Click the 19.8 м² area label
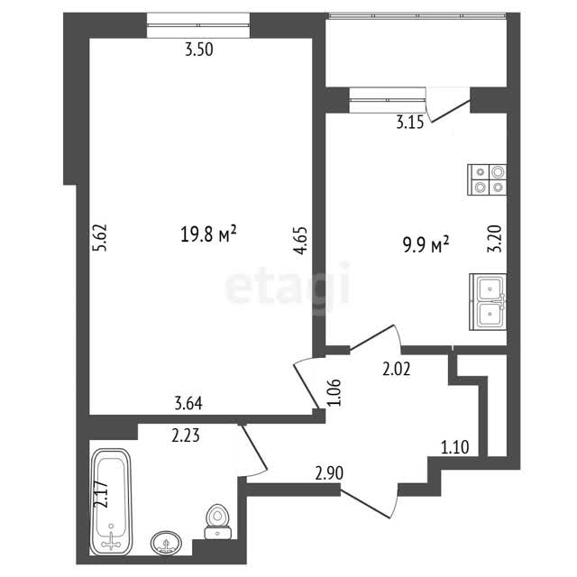point(208,234)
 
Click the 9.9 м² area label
point(426,244)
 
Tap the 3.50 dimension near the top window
point(199,50)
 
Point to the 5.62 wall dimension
point(100,237)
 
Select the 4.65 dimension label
point(300,241)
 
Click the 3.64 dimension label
point(188,404)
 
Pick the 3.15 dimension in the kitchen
point(410,123)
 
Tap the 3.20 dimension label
point(495,238)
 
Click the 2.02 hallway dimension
point(397,369)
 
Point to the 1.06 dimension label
point(335,393)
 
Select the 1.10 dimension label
point(454,447)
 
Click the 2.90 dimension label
point(329,473)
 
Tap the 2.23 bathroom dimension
point(186,436)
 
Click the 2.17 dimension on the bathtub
point(101,495)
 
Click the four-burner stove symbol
point(487,179)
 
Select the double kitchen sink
point(488,302)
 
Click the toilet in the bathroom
point(217,521)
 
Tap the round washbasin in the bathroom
point(166,543)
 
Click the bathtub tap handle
point(112,544)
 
